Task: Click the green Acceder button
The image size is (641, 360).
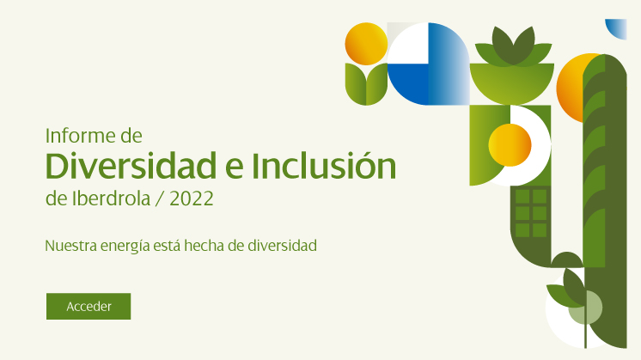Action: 89,306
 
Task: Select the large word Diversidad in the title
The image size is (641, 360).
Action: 131,166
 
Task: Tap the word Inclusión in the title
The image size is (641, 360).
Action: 323,166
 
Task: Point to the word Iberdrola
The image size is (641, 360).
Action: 111,198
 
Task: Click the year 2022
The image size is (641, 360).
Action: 192,199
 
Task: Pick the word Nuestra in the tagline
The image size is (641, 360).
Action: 70,246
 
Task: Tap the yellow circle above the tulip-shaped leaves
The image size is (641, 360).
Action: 366,44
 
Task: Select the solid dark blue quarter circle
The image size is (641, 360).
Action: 407,84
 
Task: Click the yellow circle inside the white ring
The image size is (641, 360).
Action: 510,145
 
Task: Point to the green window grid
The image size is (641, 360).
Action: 531,212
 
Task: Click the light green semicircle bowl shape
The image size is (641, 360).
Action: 512,83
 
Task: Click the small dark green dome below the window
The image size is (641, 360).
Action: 566,259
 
